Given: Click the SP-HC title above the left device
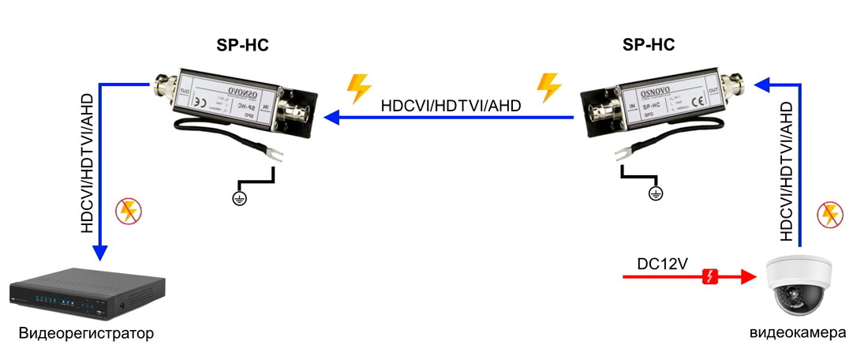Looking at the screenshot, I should (x=242, y=45).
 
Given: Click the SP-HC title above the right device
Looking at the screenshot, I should (x=649, y=45).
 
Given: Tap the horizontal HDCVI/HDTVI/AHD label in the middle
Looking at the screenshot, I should (x=451, y=104).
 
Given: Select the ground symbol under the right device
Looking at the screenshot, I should (x=653, y=193).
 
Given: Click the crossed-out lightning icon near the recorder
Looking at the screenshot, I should (x=127, y=212).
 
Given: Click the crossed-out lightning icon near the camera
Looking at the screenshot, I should (x=831, y=214).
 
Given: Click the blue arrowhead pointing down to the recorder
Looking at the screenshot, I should (x=99, y=253).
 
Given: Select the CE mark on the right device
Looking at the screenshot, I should (x=697, y=100).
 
